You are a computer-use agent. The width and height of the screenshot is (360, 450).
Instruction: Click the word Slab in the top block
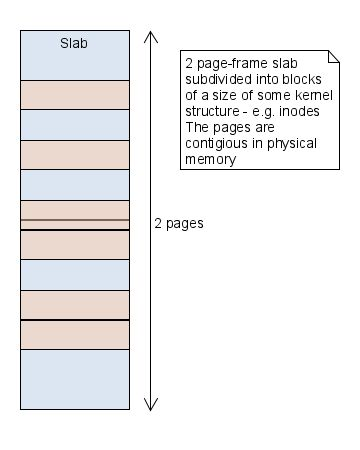[x=74, y=43]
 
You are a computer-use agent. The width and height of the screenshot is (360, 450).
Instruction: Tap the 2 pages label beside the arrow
[x=179, y=223]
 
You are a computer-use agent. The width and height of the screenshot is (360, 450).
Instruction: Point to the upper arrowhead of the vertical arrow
[x=150, y=36]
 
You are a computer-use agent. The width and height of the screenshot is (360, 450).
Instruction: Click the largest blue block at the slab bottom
[x=74, y=379]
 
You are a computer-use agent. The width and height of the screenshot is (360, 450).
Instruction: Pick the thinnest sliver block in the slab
[x=74, y=224]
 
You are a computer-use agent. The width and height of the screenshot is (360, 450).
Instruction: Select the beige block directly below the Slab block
[x=74, y=95]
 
